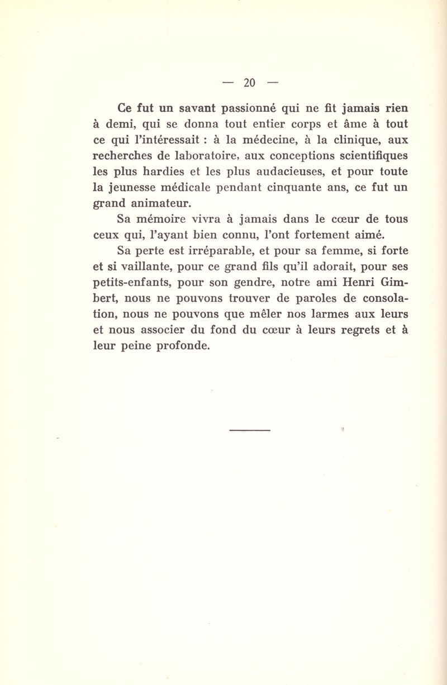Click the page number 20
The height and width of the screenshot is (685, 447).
click(249, 83)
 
